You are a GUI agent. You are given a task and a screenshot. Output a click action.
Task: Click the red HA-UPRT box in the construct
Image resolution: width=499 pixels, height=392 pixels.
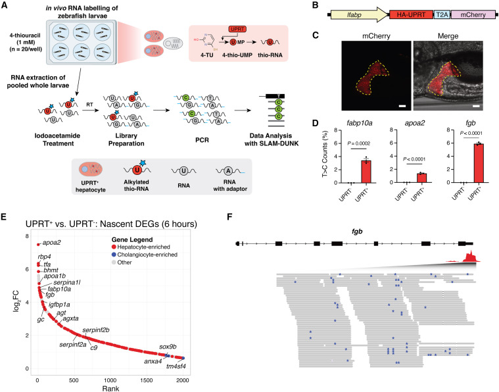pyautogui.click(x=411, y=14)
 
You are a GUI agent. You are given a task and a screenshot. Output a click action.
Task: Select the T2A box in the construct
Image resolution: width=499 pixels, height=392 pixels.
pyautogui.click(x=442, y=14)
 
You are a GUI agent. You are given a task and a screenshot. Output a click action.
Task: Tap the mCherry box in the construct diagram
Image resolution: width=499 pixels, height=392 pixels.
pyautogui.click(x=473, y=14)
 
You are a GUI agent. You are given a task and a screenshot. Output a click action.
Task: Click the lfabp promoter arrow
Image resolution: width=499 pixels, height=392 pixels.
pyautogui.click(x=360, y=14)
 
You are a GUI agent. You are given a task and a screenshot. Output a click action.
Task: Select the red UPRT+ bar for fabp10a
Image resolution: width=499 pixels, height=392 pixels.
pyautogui.click(x=366, y=172)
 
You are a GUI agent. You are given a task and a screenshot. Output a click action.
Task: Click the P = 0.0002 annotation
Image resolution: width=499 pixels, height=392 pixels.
pyautogui.click(x=359, y=143)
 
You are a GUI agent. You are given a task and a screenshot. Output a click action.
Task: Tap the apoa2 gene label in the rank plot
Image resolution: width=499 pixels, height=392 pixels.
pyautogui.click(x=51, y=243)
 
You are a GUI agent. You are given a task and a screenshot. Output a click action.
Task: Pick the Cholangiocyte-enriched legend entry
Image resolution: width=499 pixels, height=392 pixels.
pyautogui.click(x=145, y=255)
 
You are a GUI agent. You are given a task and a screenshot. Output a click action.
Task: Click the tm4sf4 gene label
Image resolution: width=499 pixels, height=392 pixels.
pyautogui.click(x=176, y=366)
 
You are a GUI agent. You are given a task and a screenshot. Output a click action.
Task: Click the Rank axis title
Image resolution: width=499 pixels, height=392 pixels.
pyautogui.click(x=110, y=389)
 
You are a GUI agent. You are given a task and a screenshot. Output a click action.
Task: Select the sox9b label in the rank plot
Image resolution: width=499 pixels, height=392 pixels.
pyautogui.click(x=168, y=347)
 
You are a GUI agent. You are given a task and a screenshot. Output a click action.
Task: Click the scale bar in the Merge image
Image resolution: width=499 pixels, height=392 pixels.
pyautogui.click(x=476, y=106)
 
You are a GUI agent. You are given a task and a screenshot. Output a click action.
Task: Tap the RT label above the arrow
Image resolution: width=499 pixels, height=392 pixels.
pyautogui.click(x=90, y=105)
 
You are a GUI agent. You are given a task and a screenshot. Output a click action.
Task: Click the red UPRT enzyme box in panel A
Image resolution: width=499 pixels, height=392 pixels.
pyautogui.click(x=237, y=30)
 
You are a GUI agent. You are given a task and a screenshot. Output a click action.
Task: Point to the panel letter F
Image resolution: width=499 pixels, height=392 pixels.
pyautogui.click(x=230, y=217)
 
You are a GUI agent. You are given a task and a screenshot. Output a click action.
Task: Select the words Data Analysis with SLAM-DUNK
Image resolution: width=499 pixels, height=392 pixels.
pyautogui.click(x=271, y=139)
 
